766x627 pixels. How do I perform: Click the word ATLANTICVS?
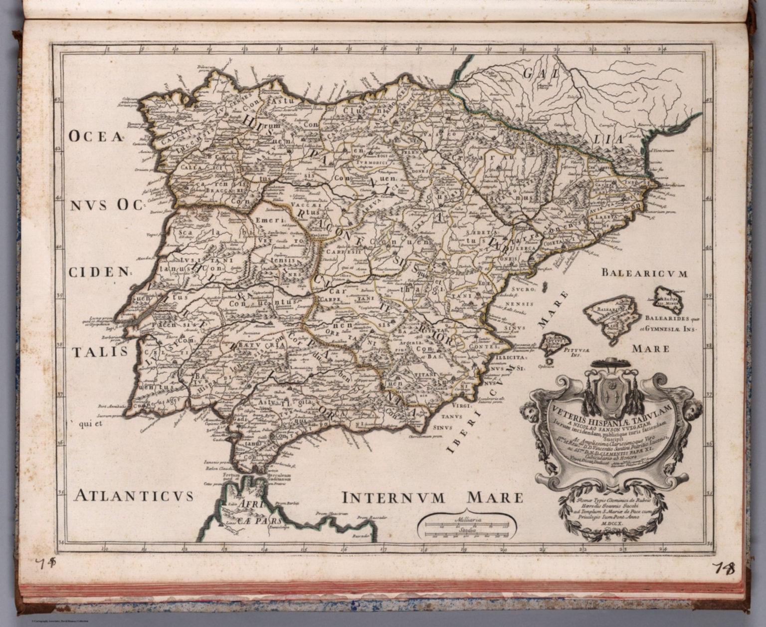coord(133,495)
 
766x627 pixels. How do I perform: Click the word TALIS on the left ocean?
coord(99,352)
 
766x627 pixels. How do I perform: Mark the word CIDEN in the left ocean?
coord(98,272)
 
